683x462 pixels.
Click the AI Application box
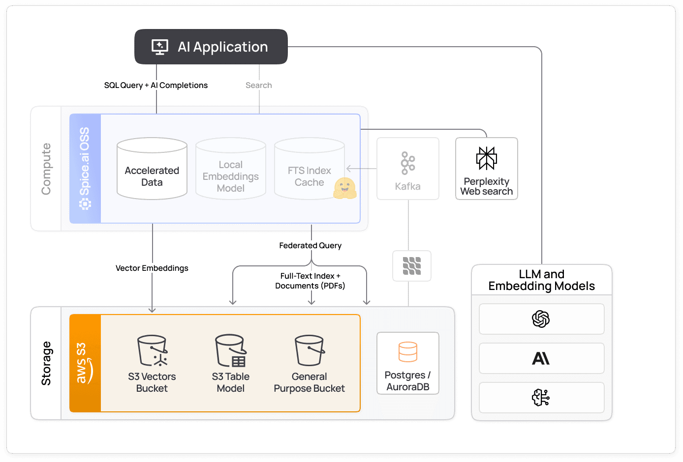click(x=211, y=47)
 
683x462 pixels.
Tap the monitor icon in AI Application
click(x=160, y=47)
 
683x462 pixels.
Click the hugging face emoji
click(x=344, y=188)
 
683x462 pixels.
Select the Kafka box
click(x=408, y=169)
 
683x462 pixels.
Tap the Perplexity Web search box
click(x=487, y=169)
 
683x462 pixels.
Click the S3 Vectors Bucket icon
click(x=152, y=351)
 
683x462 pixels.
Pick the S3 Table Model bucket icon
click(x=231, y=351)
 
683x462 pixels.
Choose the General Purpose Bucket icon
click(x=310, y=351)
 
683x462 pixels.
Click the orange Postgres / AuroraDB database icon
click(x=408, y=352)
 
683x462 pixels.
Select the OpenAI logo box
click(x=541, y=319)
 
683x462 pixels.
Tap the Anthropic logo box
click(x=541, y=358)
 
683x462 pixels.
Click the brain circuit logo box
click(x=541, y=398)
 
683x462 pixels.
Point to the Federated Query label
click(x=310, y=245)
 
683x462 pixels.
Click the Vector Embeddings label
click(x=152, y=268)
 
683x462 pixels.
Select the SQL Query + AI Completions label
click(x=156, y=85)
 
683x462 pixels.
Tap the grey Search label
click(x=259, y=85)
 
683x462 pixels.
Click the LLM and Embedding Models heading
click(x=541, y=280)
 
